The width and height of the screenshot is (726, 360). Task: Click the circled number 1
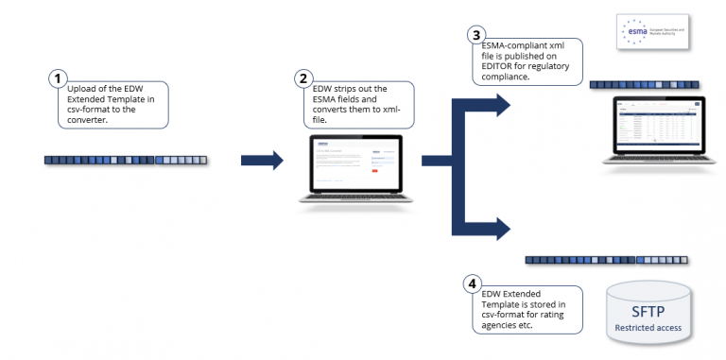pyautogui.click(x=58, y=77)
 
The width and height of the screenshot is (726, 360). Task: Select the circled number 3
pyautogui.click(x=475, y=35)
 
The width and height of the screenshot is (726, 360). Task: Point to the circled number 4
pyautogui.click(x=472, y=283)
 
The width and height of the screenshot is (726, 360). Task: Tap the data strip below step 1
pyautogui.click(x=126, y=161)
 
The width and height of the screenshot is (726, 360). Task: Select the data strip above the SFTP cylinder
pyautogui.click(x=606, y=259)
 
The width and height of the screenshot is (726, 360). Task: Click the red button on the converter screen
pyautogui.click(x=374, y=170)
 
